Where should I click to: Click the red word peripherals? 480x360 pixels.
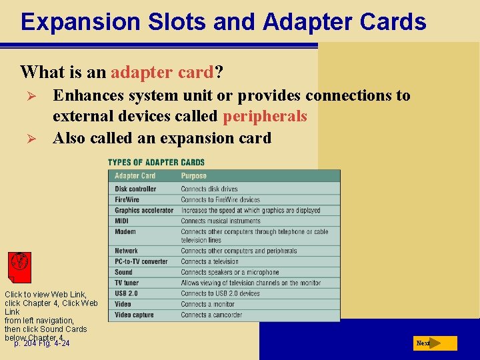(265, 117)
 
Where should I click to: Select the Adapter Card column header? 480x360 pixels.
(135, 176)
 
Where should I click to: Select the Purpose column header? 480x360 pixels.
(193, 176)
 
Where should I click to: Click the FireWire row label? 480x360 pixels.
(127, 199)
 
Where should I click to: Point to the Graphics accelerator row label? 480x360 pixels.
(143, 210)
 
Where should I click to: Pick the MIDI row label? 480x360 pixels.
(122, 221)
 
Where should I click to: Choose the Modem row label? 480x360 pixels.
(125, 231)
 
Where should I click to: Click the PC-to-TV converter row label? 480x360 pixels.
(141, 261)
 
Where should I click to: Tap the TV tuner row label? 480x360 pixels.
(127, 283)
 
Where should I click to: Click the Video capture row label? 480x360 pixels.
(133, 315)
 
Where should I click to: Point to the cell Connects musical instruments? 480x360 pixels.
(221, 221)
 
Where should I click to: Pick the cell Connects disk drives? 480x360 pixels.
(209, 189)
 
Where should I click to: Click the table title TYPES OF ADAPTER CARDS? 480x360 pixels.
(156, 162)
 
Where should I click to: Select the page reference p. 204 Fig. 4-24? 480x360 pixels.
(42, 343)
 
